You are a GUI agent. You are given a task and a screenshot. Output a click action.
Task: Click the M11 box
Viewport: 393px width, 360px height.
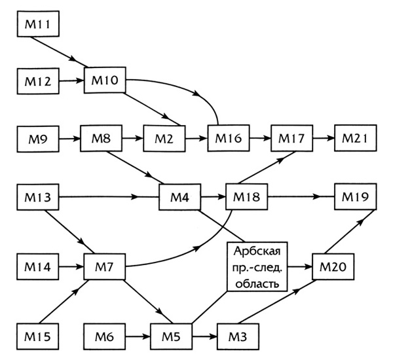(x=38, y=26)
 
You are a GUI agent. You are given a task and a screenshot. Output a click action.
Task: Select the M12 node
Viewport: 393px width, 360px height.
(x=38, y=82)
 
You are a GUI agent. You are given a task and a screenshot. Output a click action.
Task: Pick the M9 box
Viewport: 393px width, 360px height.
(x=38, y=139)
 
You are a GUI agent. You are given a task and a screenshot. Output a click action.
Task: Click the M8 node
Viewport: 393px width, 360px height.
(x=99, y=139)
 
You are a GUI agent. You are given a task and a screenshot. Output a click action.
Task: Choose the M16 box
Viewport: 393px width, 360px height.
(x=227, y=139)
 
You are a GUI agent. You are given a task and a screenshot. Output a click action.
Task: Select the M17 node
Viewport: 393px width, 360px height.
(x=291, y=139)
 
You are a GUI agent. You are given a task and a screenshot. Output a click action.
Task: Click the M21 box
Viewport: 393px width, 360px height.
(x=356, y=139)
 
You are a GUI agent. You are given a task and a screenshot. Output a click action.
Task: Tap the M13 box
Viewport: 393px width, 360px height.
(x=38, y=196)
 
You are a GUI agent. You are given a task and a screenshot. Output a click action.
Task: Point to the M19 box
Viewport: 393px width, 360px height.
(x=356, y=196)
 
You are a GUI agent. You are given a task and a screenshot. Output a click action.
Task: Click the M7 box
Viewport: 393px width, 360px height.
(x=103, y=266)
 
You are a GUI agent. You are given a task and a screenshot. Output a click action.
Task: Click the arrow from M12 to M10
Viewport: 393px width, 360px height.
(x=71, y=82)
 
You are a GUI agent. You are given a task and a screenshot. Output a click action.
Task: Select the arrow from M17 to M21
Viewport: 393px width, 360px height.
(x=323, y=139)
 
